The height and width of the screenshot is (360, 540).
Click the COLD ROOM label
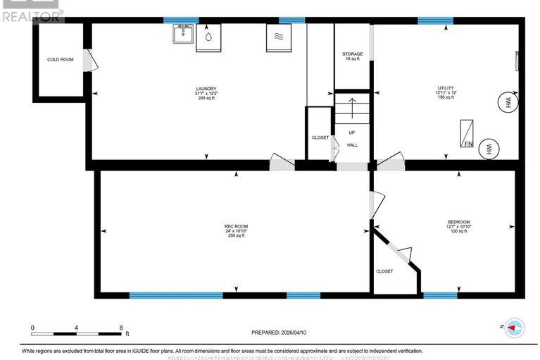tap(61, 60)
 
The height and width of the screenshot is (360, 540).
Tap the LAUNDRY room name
tap(206, 88)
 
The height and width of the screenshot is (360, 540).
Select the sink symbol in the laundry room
tap(183, 35)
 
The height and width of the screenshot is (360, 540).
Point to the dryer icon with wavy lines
tap(277, 38)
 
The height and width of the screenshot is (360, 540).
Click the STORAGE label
tap(353, 54)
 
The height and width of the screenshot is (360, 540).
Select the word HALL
tap(352, 145)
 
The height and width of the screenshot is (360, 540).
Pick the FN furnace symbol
tap(467, 134)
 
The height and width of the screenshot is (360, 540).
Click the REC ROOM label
tap(236, 225)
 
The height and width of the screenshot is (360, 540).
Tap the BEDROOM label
tap(458, 222)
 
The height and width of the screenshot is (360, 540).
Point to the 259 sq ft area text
tap(236, 236)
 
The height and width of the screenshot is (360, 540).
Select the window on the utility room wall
tap(435, 20)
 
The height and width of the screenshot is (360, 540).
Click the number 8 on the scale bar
tap(121, 328)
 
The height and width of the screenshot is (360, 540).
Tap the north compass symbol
tap(515, 327)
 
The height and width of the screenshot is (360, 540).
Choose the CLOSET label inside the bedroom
tap(384, 271)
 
